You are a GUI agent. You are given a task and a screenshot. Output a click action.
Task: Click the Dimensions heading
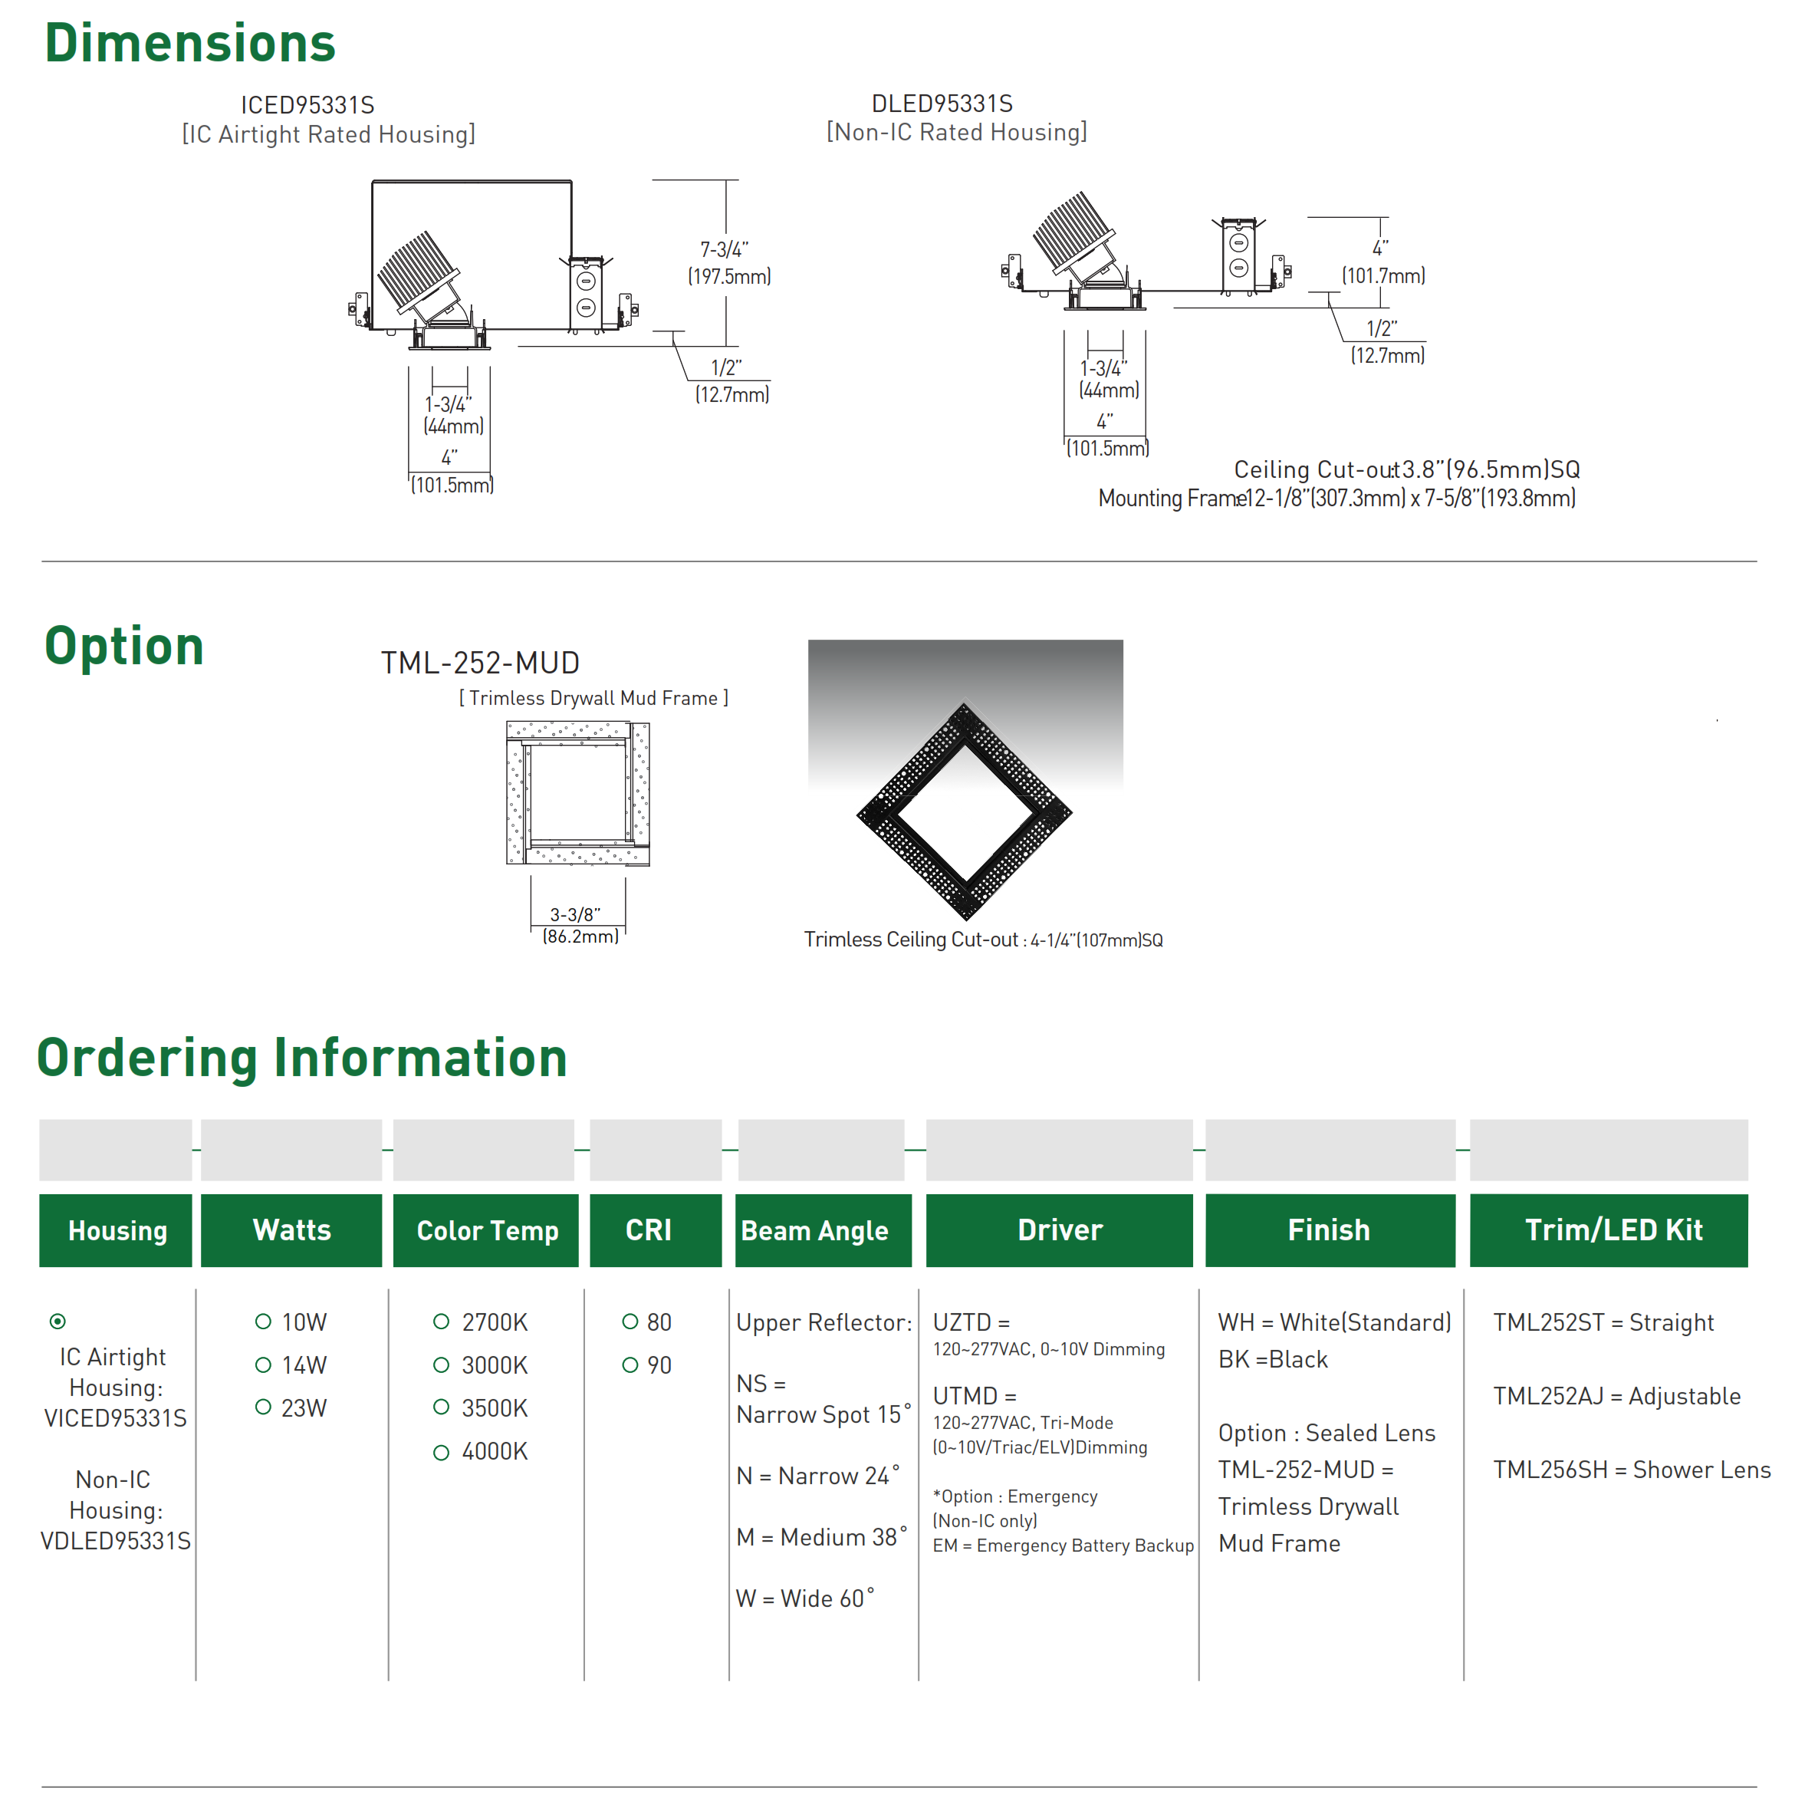[x=189, y=44]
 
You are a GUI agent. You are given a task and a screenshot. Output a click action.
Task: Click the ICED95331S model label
[x=307, y=104]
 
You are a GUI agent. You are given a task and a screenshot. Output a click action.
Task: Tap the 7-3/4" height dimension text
[x=725, y=249]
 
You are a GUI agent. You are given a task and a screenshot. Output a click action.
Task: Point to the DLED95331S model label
[x=942, y=103]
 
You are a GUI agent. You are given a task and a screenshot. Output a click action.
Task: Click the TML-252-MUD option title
[x=480, y=663]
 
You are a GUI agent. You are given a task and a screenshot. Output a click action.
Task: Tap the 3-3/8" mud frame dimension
[x=575, y=914]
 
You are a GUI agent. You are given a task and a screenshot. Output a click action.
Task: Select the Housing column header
[x=117, y=1231]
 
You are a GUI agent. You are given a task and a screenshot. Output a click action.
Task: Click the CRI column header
[x=649, y=1231]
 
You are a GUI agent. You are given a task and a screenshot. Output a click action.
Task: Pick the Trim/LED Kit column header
[x=1613, y=1231]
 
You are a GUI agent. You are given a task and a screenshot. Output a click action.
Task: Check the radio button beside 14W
[x=263, y=1365]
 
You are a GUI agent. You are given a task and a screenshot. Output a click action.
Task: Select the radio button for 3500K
[x=442, y=1407]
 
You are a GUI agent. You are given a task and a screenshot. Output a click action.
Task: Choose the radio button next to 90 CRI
[x=630, y=1365]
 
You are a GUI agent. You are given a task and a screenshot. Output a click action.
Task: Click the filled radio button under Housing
[x=58, y=1322]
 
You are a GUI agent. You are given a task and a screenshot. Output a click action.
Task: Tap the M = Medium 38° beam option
[x=821, y=1537]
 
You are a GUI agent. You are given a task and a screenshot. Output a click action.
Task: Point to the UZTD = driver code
[x=971, y=1322]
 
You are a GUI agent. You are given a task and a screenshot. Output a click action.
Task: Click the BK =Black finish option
[x=1272, y=1360]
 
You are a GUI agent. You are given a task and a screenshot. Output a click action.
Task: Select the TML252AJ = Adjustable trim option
[x=1616, y=1396]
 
